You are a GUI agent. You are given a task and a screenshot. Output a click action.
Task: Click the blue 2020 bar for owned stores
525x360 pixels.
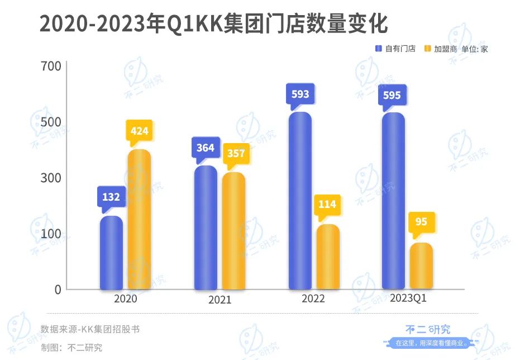point(111,253)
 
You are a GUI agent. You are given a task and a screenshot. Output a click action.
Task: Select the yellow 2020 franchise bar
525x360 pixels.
point(139,219)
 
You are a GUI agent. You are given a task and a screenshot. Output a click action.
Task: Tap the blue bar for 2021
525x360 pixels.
point(206,228)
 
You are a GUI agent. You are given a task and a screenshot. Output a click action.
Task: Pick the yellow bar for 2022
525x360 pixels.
point(328,257)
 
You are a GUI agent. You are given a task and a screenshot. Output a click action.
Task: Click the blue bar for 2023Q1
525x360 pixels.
point(393,201)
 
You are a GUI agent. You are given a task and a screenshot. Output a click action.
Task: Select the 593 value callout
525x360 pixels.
point(300,94)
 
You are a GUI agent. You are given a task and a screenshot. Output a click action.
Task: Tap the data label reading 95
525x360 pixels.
point(421,222)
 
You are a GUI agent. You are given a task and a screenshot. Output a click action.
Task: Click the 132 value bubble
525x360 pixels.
point(111,197)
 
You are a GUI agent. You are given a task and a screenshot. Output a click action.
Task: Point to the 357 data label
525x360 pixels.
point(236,153)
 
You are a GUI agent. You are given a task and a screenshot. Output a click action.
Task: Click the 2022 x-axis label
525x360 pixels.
point(313,299)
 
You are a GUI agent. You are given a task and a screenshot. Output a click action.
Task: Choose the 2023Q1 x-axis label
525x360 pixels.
point(409,299)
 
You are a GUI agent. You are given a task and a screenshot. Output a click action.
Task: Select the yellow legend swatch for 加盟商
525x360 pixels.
point(428,49)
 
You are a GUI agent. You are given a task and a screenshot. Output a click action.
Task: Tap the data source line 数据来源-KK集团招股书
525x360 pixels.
point(90,329)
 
